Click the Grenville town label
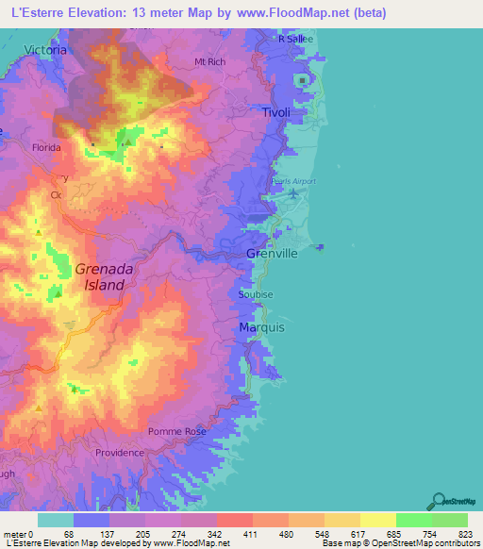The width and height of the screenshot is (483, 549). tap(272, 255)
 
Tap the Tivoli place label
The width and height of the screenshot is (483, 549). tap(276, 113)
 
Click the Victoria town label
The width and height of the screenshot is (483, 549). tap(45, 49)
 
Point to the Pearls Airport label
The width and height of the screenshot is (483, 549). tap(296, 181)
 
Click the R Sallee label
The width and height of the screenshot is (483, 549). tap(295, 39)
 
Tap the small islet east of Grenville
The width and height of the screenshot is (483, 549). tap(320, 247)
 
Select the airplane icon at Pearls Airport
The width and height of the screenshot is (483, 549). tap(293, 194)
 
